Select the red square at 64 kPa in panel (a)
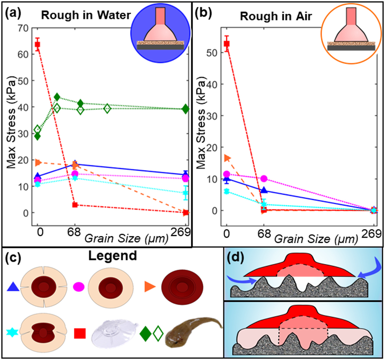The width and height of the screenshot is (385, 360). pyautogui.click(x=38, y=44)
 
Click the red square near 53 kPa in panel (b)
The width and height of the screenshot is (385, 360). pyautogui.click(x=226, y=44)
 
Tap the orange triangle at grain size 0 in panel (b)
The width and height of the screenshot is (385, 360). pyautogui.click(x=227, y=158)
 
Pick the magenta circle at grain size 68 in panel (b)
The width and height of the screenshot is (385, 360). pyautogui.click(x=264, y=178)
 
